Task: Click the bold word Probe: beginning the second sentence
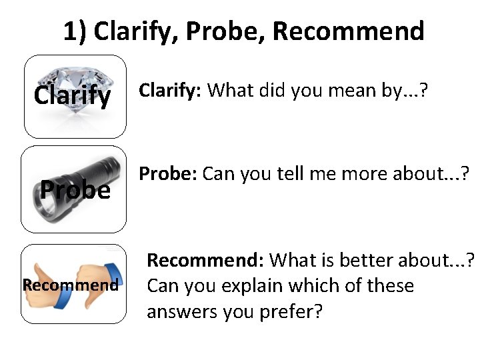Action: point(167,174)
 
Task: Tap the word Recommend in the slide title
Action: point(348,31)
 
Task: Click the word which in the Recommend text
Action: point(319,285)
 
